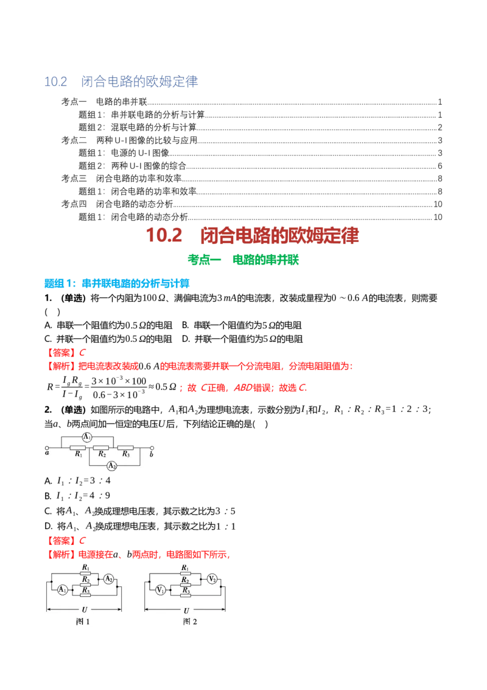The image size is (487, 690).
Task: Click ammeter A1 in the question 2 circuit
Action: (x=87, y=437)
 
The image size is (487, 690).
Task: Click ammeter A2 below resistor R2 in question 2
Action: (x=112, y=466)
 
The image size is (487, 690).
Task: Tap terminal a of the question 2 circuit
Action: (x=47, y=449)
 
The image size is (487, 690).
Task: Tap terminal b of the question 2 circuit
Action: (x=152, y=449)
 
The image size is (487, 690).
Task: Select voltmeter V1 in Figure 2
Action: (x=161, y=589)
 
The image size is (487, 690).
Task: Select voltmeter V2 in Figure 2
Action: (x=212, y=578)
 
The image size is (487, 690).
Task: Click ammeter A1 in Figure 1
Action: (x=63, y=589)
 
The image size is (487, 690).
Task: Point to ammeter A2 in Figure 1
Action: (x=108, y=578)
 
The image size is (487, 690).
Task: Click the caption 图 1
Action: (x=83, y=621)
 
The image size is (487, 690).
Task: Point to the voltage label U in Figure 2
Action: (x=186, y=610)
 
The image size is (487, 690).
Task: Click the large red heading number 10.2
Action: (x=164, y=235)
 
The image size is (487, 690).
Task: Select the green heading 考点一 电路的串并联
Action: (x=243, y=260)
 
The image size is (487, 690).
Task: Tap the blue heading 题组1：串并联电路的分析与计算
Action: (x=117, y=283)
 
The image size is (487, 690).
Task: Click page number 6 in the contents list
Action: (x=440, y=166)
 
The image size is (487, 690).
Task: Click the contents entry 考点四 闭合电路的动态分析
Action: (x=117, y=204)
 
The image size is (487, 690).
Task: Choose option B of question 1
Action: (x=242, y=325)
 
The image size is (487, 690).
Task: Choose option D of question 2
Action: (x=140, y=526)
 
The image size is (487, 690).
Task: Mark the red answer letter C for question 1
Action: (x=82, y=352)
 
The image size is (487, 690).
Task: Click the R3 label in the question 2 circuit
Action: (x=125, y=453)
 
